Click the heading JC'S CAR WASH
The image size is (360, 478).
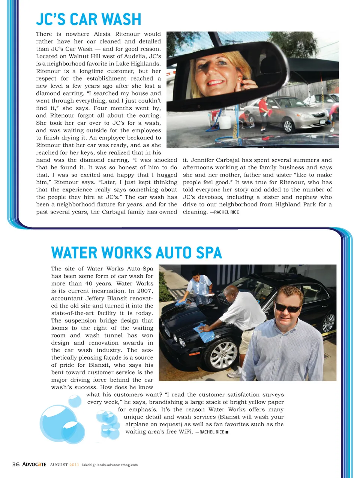(x=88, y=19)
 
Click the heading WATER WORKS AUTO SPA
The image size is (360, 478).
(x=136, y=253)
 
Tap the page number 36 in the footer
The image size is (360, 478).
(x=16, y=465)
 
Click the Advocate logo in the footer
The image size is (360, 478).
(x=34, y=465)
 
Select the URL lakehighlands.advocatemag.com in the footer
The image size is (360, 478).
(x=110, y=465)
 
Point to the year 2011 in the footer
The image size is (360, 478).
(x=74, y=465)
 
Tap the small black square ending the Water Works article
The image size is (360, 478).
(x=227, y=432)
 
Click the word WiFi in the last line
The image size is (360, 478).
(x=184, y=432)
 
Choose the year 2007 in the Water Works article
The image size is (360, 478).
(x=145, y=291)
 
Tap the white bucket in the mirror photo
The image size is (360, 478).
(x=225, y=122)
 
